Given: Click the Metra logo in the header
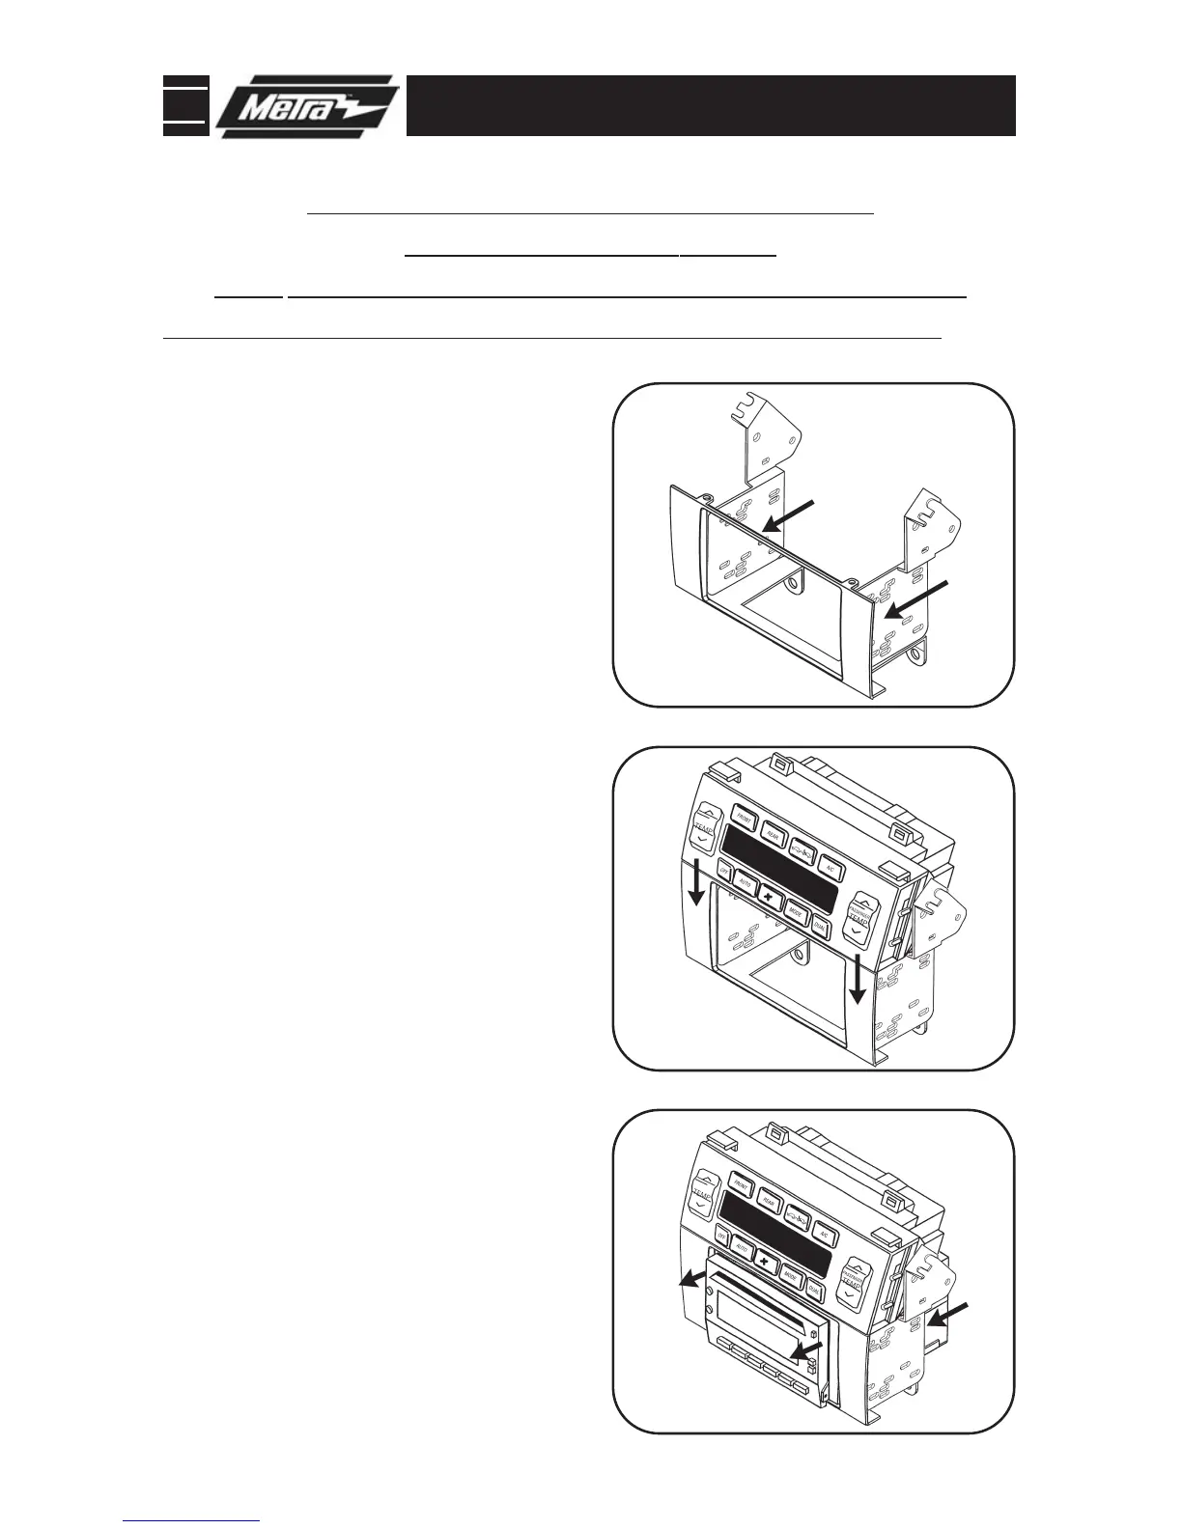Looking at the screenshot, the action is pyautogui.click(x=306, y=105).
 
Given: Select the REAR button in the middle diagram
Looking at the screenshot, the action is pyautogui.click(x=773, y=831).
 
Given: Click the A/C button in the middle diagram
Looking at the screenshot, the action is pyautogui.click(x=829, y=866).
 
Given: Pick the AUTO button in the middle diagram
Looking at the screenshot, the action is pyautogui.click(x=745, y=880).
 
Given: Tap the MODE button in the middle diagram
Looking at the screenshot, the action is pyautogui.click(x=795, y=909).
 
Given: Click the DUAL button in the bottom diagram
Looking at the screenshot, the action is pyautogui.click(x=814, y=1289).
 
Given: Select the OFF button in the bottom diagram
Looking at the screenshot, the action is pyautogui.click(x=722, y=1235).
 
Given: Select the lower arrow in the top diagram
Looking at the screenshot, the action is pyautogui.click(x=919, y=598).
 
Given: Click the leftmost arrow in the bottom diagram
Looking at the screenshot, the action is pyautogui.click(x=690, y=1278).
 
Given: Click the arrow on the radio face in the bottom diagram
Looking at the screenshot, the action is pyautogui.click(x=804, y=1350).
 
